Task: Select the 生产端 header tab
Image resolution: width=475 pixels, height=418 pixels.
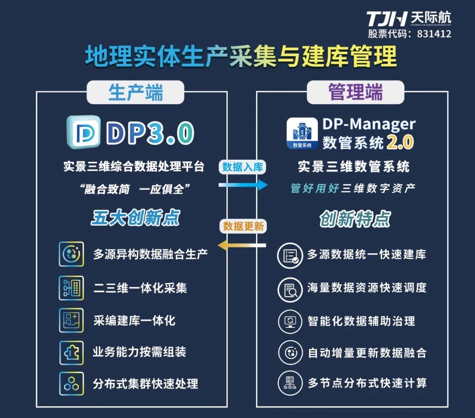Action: (x=135, y=93)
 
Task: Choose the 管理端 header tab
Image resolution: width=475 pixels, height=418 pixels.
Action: (x=355, y=92)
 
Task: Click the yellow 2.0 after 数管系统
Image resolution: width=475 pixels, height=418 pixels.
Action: (x=400, y=142)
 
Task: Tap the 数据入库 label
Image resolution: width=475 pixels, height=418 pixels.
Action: (x=243, y=167)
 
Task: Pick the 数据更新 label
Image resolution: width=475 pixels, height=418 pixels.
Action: (x=243, y=226)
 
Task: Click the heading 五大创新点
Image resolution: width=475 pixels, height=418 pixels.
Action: (x=136, y=219)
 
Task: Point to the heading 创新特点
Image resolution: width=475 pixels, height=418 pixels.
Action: (x=355, y=219)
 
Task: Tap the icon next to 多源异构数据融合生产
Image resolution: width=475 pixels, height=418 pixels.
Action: (x=71, y=254)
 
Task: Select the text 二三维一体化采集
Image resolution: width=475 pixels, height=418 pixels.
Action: (x=140, y=288)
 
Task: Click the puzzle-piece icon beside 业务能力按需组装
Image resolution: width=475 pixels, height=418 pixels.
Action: (x=71, y=352)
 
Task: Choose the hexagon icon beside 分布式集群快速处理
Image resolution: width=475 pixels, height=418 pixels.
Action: (x=71, y=384)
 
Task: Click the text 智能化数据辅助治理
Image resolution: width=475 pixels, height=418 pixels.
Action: (x=361, y=321)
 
